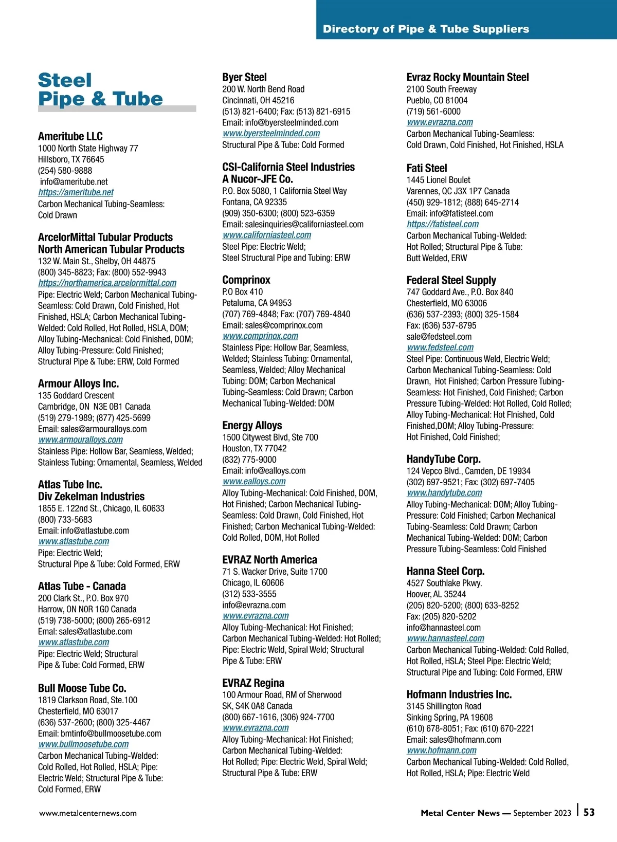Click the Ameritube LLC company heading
(x=70, y=136)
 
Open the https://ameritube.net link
(x=76, y=192)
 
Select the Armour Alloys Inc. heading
(x=78, y=383)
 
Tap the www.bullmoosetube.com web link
(x=83, y=744)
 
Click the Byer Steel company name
(x=244, y=77)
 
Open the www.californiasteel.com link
(x=267, y=235)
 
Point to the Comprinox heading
(x=246, y=280)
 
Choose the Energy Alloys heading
(x=252, y=425)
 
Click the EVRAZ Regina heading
(x=253, y=683)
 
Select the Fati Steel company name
(x=427, y=168)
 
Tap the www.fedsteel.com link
(x=440, y=347)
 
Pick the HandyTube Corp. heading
(x=443, y=459)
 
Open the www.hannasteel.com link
(x=445, y=638)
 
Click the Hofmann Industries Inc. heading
(x=459, y=694)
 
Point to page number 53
(x=589, y=812)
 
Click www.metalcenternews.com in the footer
(x=88, y=813)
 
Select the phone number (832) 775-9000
(x=249, y=460)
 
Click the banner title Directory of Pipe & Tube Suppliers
(x=426, y=29)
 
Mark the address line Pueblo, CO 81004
(x=437, y=100)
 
